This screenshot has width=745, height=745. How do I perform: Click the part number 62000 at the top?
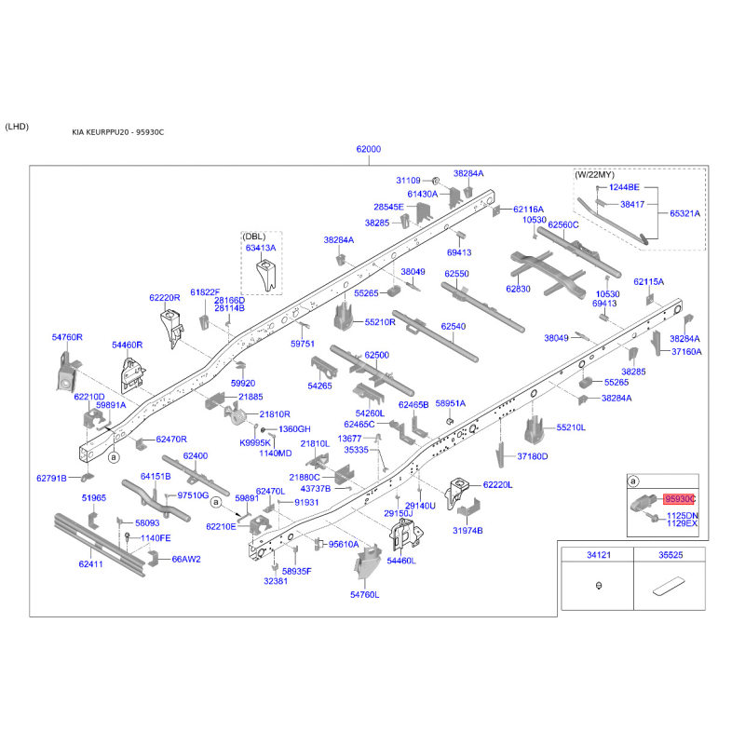369,150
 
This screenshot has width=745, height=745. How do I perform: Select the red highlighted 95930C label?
680,500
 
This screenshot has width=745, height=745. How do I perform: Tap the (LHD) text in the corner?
17,127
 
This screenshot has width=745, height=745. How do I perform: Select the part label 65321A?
684,213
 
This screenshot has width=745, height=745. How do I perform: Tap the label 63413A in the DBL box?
262,248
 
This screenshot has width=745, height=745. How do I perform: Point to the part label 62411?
90,564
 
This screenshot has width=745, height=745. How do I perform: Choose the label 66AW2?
186,560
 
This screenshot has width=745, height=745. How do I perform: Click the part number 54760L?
364,594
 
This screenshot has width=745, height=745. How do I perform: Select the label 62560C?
563,224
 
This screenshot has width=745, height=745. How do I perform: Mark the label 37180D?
532,456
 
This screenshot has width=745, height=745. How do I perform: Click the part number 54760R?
67,337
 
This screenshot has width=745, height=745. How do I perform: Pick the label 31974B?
468,530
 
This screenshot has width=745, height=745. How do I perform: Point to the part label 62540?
453,326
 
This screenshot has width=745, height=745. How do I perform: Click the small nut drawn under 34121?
597,586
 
